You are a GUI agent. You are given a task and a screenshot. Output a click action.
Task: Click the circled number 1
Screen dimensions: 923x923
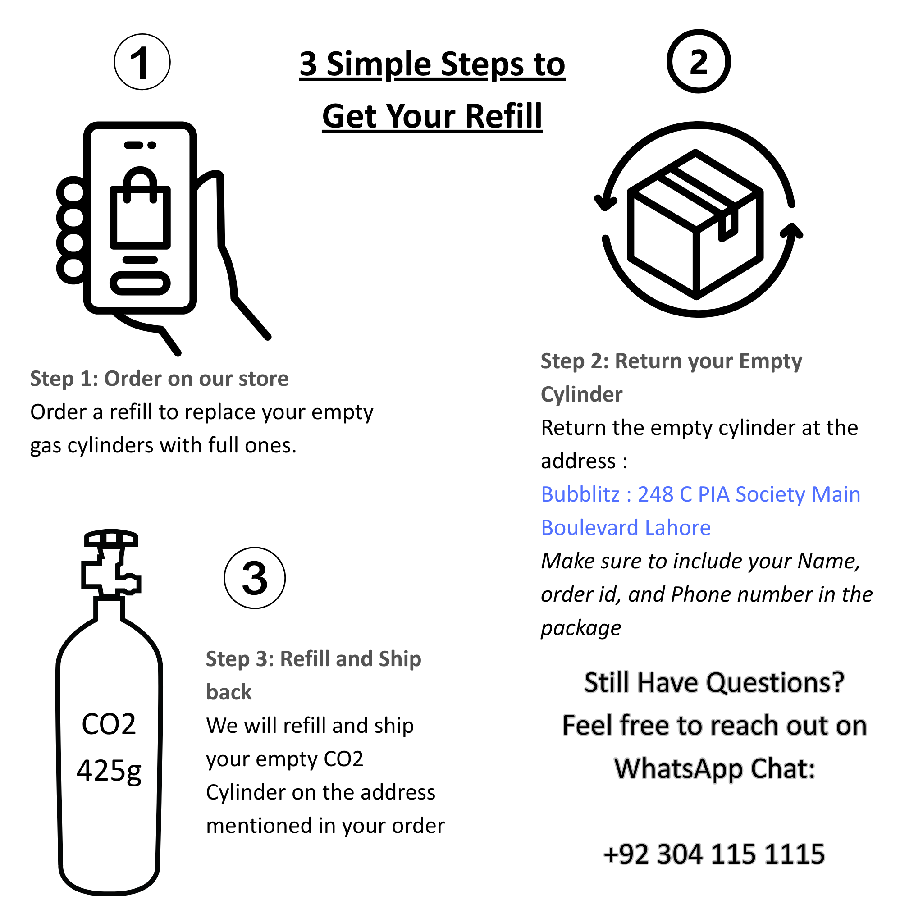(142, 62)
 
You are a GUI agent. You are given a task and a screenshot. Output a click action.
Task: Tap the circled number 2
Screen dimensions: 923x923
(698, 62)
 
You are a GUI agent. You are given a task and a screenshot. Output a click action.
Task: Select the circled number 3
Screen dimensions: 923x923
(255, 578)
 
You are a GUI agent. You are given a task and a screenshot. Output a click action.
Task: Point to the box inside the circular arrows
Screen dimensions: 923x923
(695, 224)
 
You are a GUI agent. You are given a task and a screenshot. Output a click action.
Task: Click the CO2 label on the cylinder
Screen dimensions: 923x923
(109, 724)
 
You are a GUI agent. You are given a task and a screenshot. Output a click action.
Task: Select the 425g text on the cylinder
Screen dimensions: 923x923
(109, 771)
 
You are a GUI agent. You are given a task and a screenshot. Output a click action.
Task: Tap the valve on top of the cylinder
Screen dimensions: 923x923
(111, 564)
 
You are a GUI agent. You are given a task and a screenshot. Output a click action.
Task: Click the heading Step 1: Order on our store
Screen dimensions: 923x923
(159, 379)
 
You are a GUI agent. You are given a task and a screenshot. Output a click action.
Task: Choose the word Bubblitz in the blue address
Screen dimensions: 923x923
(580, 494)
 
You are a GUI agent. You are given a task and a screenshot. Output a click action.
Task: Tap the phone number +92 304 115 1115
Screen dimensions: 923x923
(714, 854)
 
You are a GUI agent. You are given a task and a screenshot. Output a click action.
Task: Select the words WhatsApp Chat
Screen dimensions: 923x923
(714, 769)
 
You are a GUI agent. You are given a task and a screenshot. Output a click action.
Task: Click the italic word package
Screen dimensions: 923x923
(580, 628)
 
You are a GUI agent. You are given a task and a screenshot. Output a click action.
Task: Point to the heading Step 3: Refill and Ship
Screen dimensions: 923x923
(313, 659)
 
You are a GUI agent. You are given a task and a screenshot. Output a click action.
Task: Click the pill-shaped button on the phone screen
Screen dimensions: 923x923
(140, 283)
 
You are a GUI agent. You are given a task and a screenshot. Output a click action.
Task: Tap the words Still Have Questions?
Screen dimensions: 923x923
(714, 682)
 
